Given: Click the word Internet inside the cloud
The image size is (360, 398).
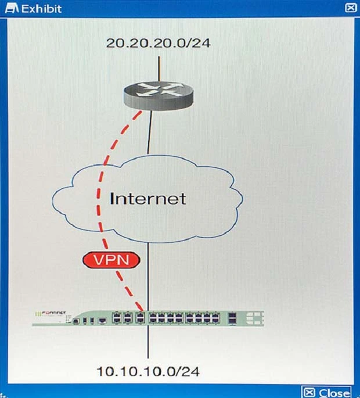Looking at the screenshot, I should point(148,198).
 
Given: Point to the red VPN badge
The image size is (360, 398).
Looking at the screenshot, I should point(110,260).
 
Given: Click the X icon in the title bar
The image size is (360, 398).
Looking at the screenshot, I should point(350,8).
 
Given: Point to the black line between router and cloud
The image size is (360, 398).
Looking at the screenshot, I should point(150,134).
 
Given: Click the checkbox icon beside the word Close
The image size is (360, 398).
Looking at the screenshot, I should point(309,392).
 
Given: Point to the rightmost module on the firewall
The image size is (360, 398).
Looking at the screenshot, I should point(254,317).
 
